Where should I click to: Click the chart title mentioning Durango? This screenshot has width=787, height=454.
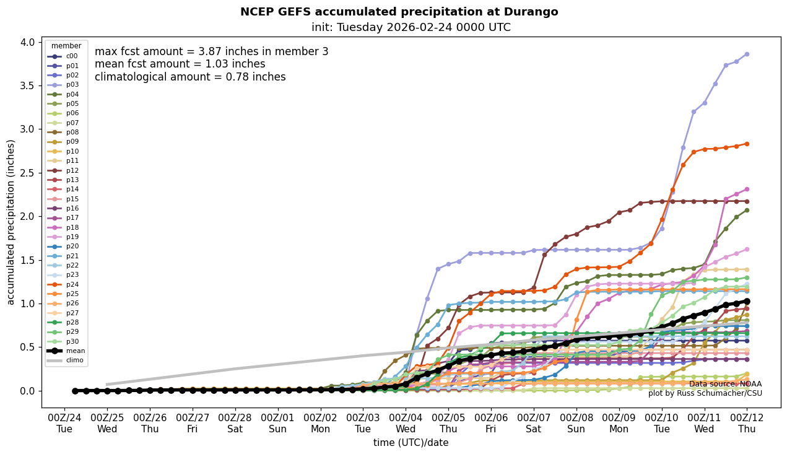399,12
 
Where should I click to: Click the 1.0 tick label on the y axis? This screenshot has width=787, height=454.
27,303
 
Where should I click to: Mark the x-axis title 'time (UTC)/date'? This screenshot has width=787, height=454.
411,443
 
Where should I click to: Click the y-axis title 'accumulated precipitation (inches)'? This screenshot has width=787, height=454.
11,222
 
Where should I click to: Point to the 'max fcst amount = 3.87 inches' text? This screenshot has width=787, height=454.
211,52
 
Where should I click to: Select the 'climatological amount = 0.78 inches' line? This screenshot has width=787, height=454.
190,77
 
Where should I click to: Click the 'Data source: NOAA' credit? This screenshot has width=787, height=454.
725,384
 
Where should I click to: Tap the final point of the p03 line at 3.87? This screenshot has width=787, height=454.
747,54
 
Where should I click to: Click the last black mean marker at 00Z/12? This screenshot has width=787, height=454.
747,301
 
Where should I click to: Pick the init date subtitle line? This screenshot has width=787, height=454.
411,27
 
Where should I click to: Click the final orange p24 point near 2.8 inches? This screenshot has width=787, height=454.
747,144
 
